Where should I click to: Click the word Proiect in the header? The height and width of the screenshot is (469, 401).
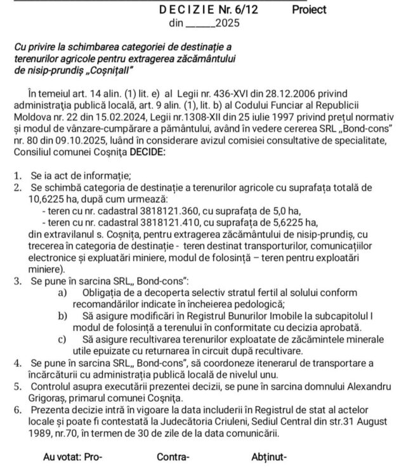tap(309, 10)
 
